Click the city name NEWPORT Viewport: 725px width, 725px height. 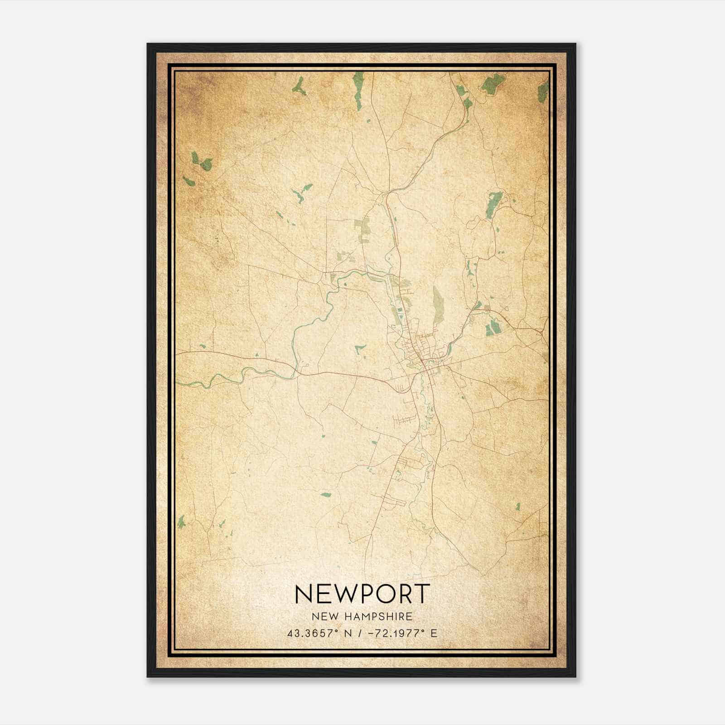pos(362,594)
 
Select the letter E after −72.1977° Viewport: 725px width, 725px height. pos(434,633)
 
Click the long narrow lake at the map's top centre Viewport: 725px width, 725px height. pos(358,91)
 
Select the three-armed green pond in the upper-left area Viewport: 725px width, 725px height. pos(300,86)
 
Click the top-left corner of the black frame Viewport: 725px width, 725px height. pos(148,44)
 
